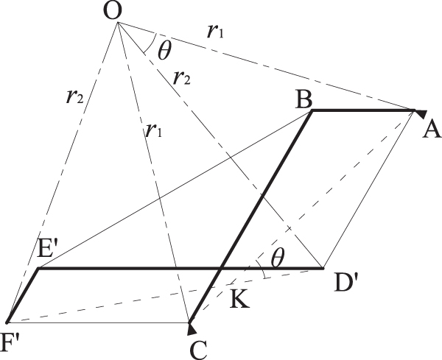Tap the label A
pos(432,130)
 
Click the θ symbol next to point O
pos(164,51)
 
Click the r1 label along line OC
pos(152,131)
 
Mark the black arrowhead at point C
pos(191,324)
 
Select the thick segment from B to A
pos(361,111)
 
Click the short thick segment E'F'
pos(22,295)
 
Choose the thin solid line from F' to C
pos(96,322)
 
